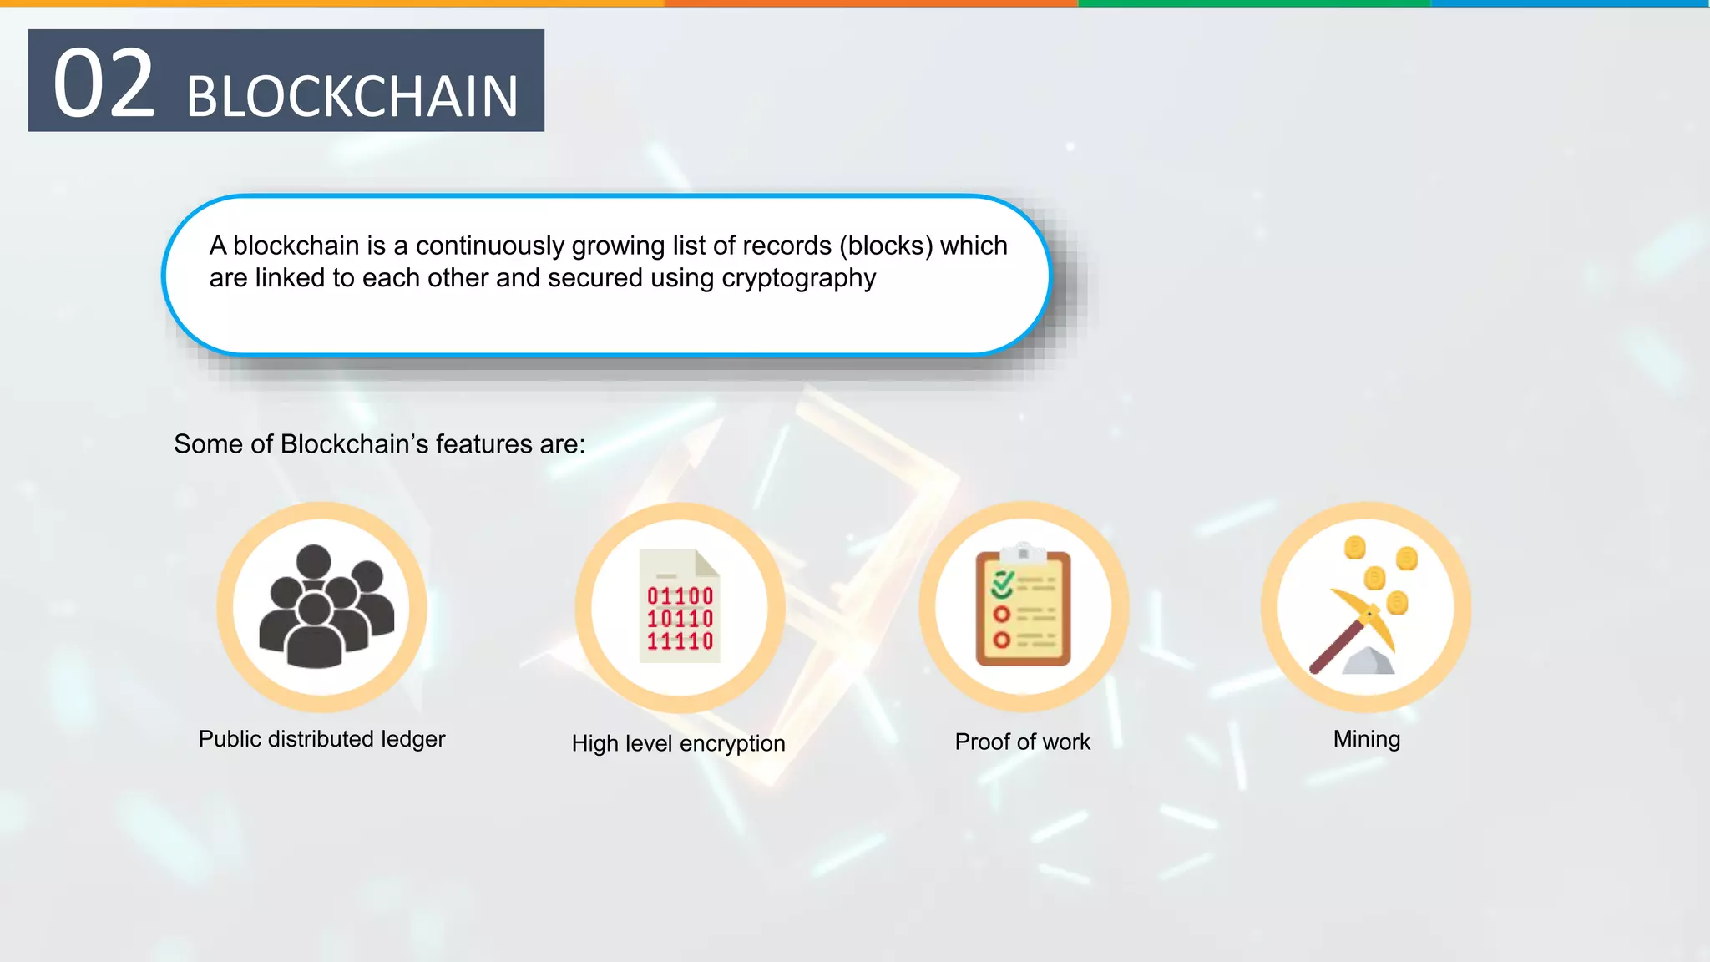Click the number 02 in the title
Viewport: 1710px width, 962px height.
pos(104,84)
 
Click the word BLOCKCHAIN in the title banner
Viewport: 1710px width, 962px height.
pos(352,97)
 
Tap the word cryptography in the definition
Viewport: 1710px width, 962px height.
pos(798,278)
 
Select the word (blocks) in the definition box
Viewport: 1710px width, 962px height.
pos(886,246)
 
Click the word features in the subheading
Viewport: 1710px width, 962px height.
pos(483,444)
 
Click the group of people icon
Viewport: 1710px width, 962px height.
pos(322,607)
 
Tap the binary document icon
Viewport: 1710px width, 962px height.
pos(680,606)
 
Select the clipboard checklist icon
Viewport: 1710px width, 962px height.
pos(1024,606)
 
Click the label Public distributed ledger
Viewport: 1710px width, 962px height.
pos(321,739)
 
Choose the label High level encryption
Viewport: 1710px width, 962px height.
pos(678,743)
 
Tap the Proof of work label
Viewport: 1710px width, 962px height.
pos(1022,742)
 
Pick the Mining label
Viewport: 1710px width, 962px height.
pos(1366,739)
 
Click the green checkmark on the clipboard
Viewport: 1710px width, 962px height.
pos(1003,584)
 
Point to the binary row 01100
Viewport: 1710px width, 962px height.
pos(680,596)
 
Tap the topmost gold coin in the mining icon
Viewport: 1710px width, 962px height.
pos(1354,548)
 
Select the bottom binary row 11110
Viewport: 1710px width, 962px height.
pos(680,641)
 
